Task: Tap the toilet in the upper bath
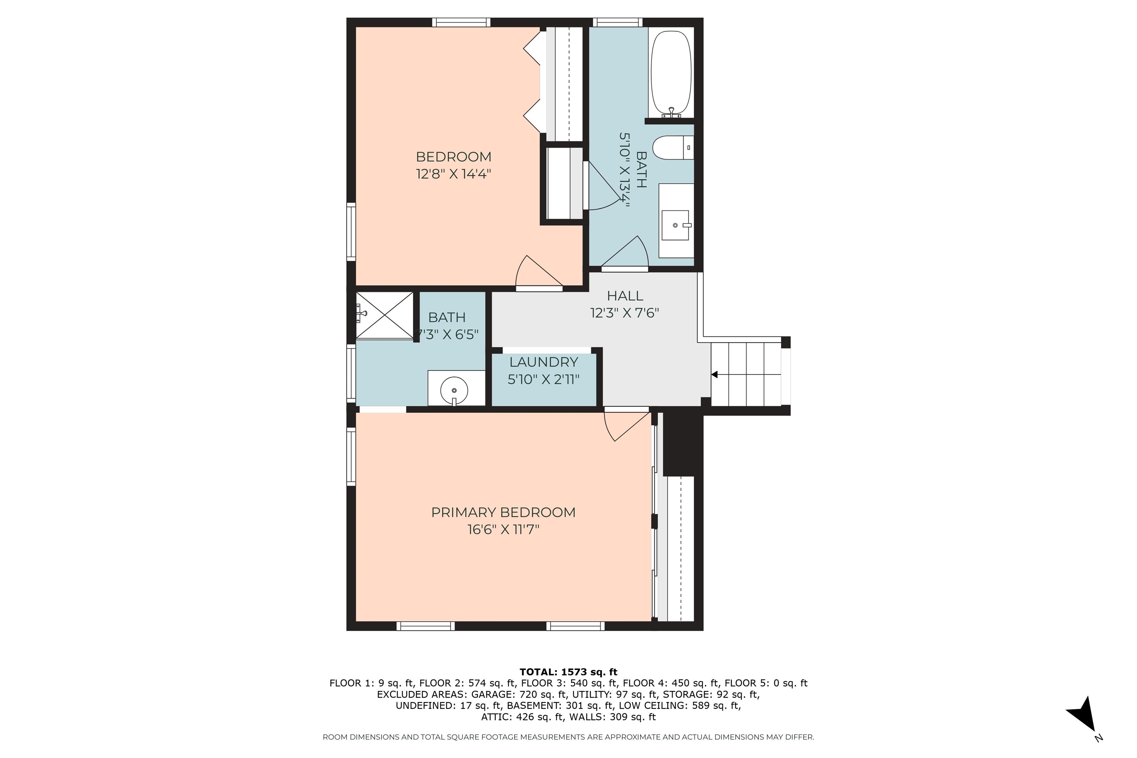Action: [x=673, y=147]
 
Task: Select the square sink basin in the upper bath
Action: [x=675, y=225]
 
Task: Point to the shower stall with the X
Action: [x=385, y=315]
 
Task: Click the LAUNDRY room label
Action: [x=543, y=362]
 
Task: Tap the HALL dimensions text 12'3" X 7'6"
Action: [x=625, y=313]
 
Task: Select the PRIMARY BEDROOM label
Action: [x=503, y=512]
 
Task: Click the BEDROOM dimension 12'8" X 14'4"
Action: [x=453, y=174]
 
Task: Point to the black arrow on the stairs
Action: [x=714, y=375]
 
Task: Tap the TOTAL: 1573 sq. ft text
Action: [x=568, y=672]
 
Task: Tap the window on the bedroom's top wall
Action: [x=461, y=22]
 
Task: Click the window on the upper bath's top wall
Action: [x=617, y=22]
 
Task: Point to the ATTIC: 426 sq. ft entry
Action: [x=523, y=717]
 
